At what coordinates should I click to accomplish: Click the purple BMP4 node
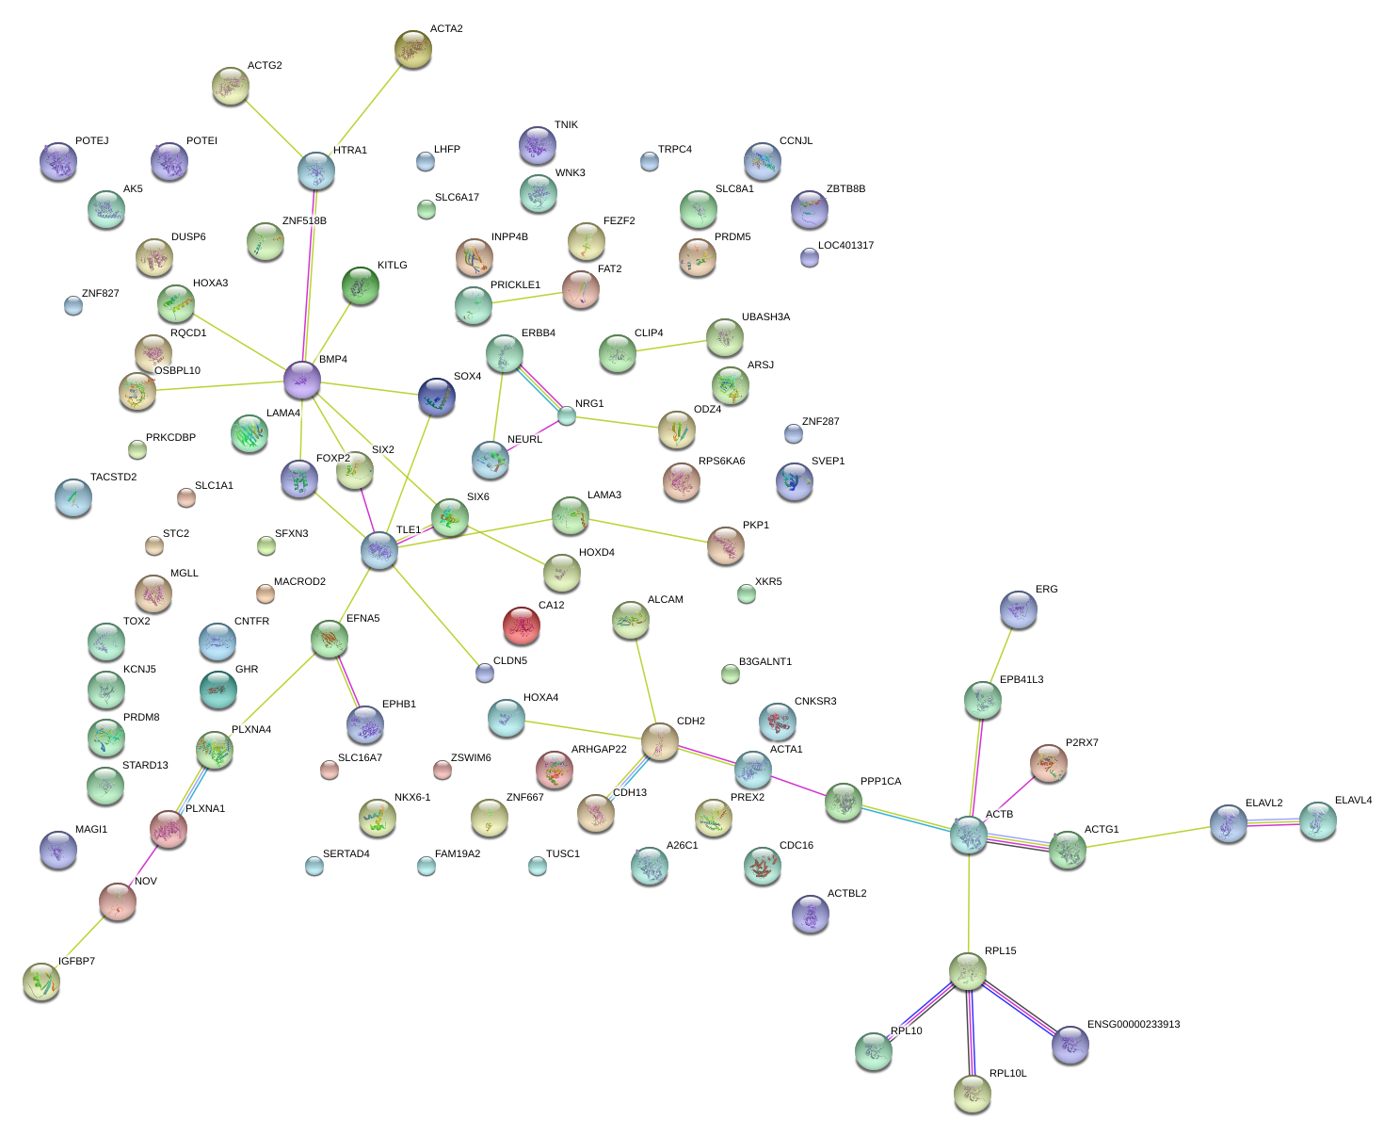pos(302,379)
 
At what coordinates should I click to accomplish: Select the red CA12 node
pos(522,625)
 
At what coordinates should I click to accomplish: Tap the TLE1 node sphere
pos(379,550)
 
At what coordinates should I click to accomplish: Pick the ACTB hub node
pos(969,835)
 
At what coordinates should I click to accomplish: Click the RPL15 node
pos(968,970)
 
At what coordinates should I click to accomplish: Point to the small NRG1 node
pos(567,415)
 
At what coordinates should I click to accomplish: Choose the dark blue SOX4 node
pos(437,397)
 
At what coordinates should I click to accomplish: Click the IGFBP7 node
pos(41,981)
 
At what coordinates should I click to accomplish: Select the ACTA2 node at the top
pos(413,48)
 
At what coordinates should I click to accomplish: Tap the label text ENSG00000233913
pos(1133,1024)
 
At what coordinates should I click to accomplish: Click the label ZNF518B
pos(304,221)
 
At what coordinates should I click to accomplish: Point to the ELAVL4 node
pos(1318,820)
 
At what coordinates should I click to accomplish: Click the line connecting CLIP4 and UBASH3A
pos(671,347)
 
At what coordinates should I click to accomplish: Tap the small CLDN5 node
pos(485,673)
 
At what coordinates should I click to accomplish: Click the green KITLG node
pos(361,284)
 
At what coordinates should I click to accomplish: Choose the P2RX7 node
pos(1048,763)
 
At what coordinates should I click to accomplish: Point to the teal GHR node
pos(219,689)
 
